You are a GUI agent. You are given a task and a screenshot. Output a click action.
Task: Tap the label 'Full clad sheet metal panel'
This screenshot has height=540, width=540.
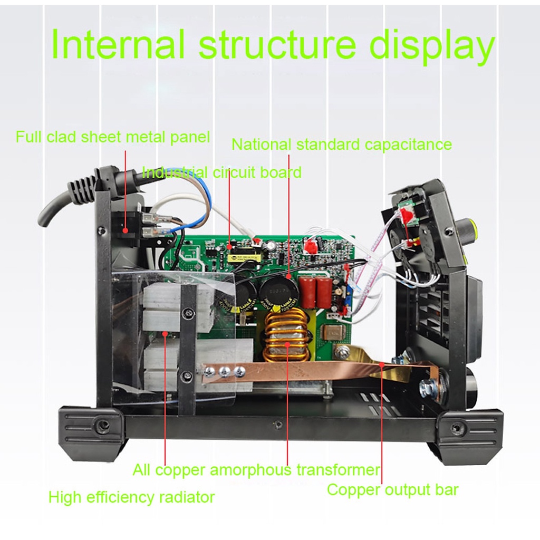coord(112,138)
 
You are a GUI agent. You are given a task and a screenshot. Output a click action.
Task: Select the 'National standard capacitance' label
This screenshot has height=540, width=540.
coord(342,144)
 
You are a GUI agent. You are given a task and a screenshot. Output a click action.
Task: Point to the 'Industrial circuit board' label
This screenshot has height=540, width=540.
coord(222,172)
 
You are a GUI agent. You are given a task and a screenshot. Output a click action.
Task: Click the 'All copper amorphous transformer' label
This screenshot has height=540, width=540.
coord(256,469)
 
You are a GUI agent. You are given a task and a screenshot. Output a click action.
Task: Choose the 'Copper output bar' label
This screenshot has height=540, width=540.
coord(392,489)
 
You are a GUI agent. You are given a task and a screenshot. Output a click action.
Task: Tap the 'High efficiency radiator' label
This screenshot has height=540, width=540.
coord(131,497)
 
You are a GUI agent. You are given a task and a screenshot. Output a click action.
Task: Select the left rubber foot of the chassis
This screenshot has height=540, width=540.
coord(92,427)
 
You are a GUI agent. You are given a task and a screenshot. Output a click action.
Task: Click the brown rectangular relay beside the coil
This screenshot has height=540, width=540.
coord(333,333)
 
